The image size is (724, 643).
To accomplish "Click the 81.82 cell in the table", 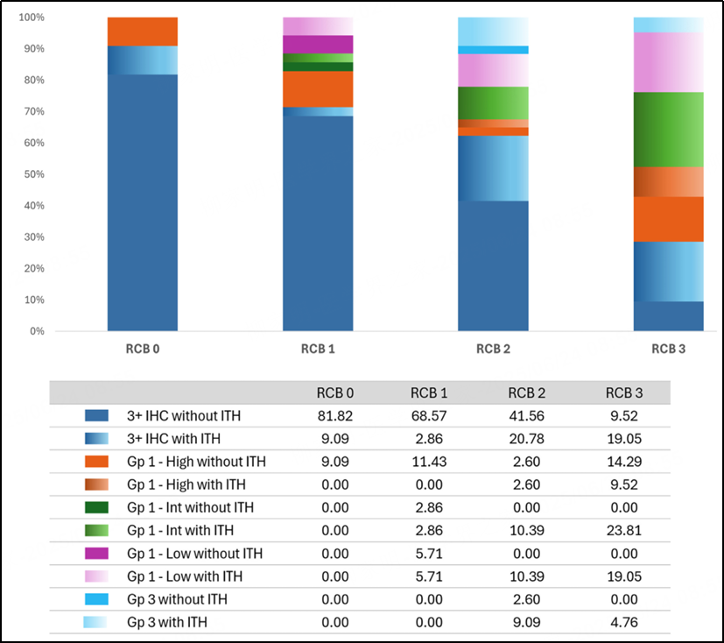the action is (x=334, y=416).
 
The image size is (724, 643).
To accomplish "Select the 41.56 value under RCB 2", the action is (x=526, y=416).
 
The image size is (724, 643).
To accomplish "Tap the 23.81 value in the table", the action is (x=624, y=530).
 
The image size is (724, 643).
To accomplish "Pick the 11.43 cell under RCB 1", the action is (x=429, y=462).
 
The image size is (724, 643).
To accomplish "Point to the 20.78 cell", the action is (x=526, y=438).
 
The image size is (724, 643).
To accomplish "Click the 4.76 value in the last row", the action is (x=624, y=622).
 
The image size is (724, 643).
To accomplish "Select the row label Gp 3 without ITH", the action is (x=177, y=599).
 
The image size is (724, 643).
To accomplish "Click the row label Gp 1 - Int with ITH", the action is (x=180, y=530).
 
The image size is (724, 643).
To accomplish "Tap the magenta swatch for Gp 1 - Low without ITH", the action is (x=96, y=554).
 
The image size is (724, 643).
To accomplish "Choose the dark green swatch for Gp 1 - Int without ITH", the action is (x=96, y=508).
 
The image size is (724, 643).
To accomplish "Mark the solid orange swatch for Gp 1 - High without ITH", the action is (x=96, y=462).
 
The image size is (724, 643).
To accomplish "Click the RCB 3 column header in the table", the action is (x=624, y=393).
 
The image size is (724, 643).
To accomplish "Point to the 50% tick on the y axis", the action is (x=34, y=174).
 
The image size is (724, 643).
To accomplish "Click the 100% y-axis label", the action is (x=32, y=18).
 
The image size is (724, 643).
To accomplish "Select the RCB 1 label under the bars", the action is (x=318, y=349).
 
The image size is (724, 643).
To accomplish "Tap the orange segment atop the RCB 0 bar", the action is (x=143, y=32).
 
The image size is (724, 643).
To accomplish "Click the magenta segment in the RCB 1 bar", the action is (x=318, y=45).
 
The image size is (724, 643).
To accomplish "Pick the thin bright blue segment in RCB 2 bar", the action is (x=493, y=50).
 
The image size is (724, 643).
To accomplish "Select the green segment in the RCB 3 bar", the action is (x=669, y=130).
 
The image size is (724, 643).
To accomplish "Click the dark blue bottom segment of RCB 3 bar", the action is (x=669, y=316).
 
